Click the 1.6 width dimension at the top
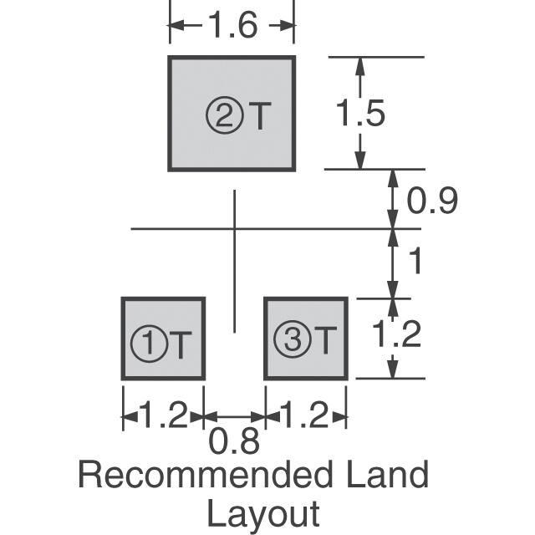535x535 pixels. tap(232, 28)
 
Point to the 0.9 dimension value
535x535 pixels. tap(432, 201)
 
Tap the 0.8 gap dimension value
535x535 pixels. tap(234, 441)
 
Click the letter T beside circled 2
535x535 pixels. tap(260, 117)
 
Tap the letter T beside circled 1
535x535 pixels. tap(181, 343)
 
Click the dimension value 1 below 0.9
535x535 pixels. tap(414, 262)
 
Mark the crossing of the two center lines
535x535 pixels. tap(235, 228)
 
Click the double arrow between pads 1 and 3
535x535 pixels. tap(235, 415)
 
